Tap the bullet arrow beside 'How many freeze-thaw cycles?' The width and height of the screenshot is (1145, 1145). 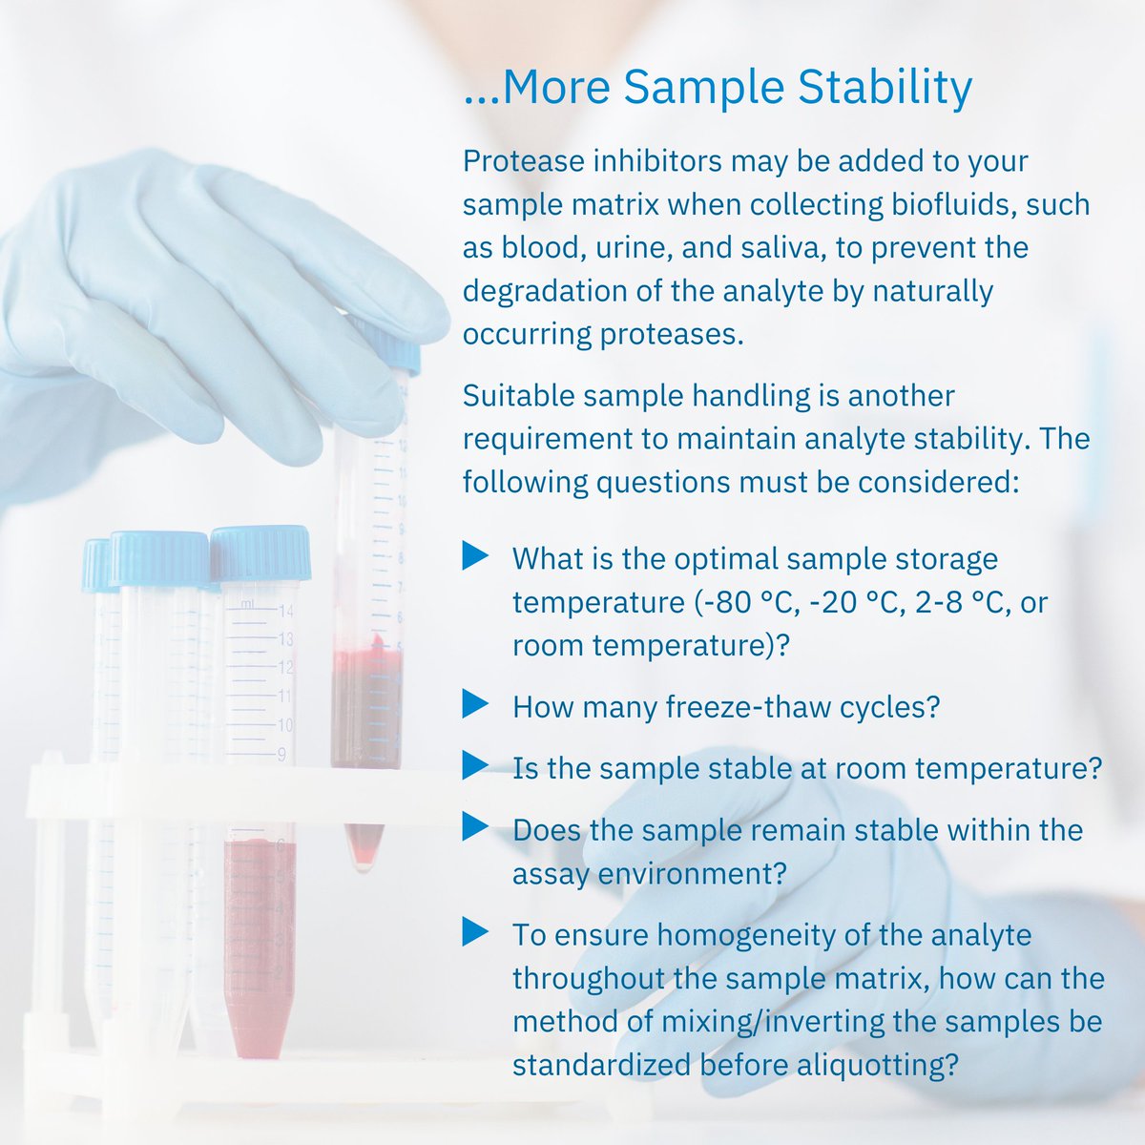point(474,705)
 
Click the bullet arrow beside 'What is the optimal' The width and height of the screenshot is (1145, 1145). point(474,555)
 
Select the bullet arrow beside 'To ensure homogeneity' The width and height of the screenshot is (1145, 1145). point(474,931)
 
